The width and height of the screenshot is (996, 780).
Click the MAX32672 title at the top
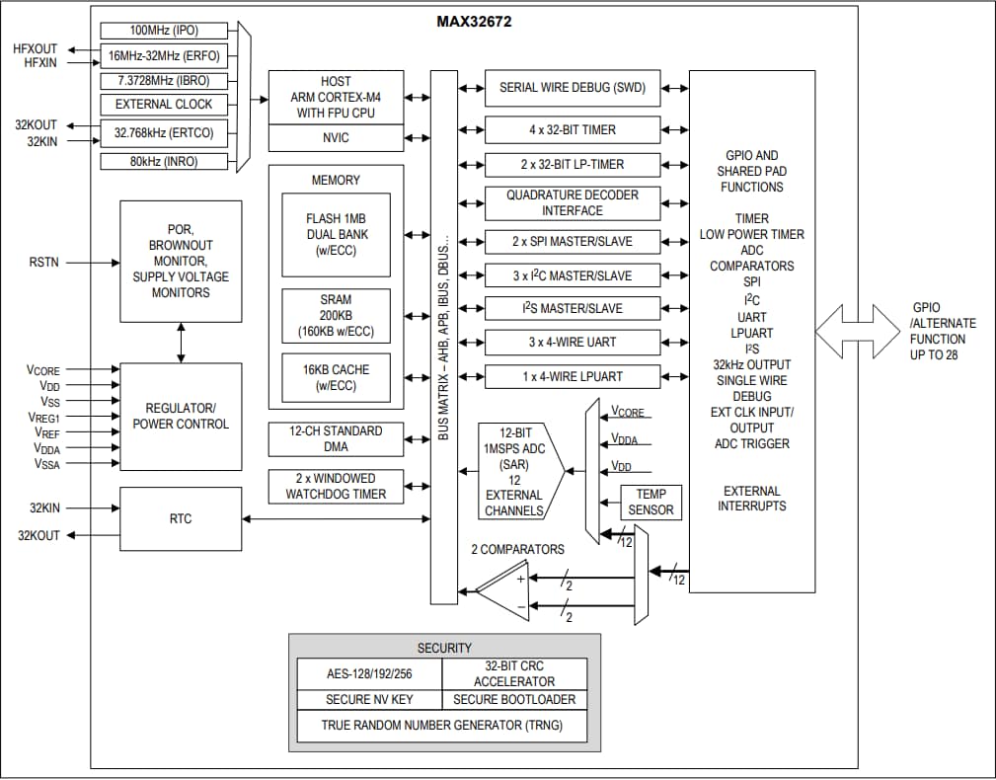(x=474, y=21)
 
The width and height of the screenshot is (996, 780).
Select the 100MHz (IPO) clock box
(x=163, y=31)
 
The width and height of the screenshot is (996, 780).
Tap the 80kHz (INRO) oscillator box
(x=163, y=162)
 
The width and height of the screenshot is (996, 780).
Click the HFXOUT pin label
(x=35, y=47)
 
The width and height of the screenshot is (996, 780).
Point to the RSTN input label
(x=44, y=263)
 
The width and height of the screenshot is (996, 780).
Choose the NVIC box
(x=336, y=138)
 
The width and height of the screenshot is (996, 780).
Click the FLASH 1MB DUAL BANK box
(x=335, y=235)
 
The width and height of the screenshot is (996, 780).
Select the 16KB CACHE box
(x=335, y=377)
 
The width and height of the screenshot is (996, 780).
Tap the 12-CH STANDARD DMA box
(x=335, y=438)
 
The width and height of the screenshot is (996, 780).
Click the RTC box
(x=181, y=517)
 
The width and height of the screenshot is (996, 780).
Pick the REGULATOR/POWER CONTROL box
(x=181, y=416)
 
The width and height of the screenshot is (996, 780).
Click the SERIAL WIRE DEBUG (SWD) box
(x=572, y=88)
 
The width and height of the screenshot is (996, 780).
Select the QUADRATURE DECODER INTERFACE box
(x=572, y=202)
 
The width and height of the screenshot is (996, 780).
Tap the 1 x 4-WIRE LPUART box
(x=572, y=376)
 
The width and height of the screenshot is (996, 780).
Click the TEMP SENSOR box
(x=651, y=502)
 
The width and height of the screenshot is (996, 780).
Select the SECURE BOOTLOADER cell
(x=513, y=699)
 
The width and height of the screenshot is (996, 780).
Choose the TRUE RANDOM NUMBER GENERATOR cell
(x=441, y=725)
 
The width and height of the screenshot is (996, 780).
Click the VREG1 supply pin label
(x=45, y=418)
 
